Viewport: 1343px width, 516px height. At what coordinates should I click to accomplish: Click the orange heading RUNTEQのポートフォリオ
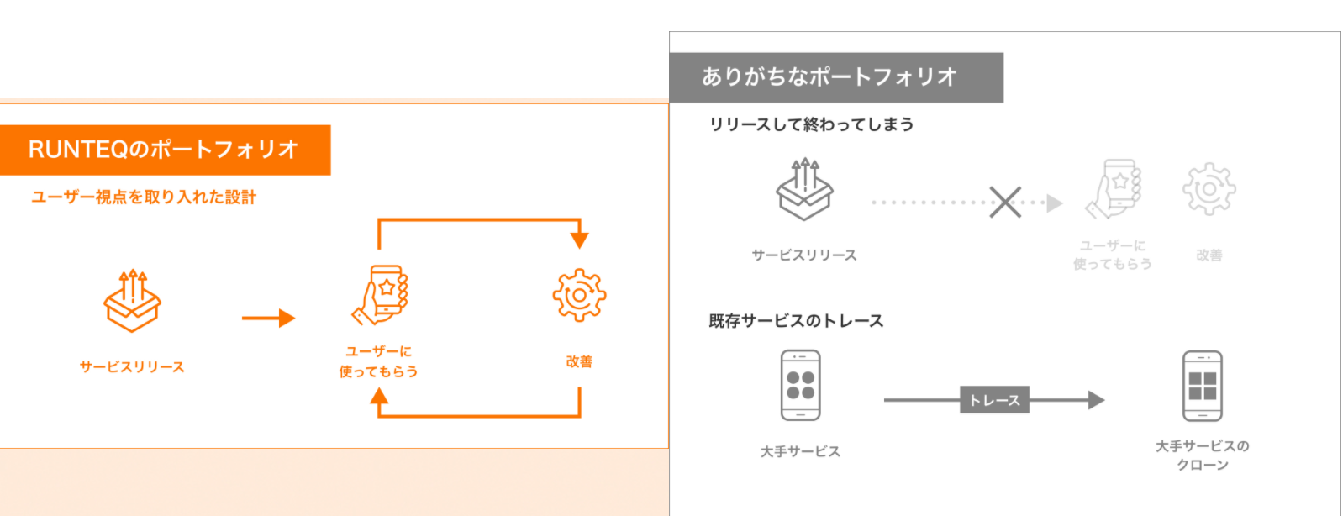(x=164, y=150)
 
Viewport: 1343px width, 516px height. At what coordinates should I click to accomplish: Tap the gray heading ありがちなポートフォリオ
(x=830, y=77)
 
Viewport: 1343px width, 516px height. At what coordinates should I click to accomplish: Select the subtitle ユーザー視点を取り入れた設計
(x=144, y=197)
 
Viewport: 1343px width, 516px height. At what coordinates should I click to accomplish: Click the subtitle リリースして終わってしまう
(x=811, y=124)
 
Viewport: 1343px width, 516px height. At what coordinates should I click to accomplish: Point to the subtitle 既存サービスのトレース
(x=796, y=321)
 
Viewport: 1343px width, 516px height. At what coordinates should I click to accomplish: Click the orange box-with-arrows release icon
(x=132, y=301)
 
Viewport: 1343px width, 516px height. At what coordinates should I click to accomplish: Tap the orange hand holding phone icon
(x=381, y=295)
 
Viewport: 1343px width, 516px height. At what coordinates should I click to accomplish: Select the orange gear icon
(x=579, y=295)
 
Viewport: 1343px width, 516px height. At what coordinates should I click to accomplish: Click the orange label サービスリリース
(x=132, y=367)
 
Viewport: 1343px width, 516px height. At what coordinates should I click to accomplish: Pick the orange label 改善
(x=579, y=361)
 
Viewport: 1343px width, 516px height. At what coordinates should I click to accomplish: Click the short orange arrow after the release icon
(x=268, y=319)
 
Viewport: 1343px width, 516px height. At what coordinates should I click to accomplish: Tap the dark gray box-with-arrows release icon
(x=804, y=189)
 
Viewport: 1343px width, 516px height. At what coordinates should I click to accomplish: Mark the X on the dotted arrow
(x=1005, y=202)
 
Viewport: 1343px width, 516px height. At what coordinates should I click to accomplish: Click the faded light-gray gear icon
(x=1209, y=189)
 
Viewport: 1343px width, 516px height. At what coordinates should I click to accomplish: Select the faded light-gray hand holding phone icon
(x=1114, y=189)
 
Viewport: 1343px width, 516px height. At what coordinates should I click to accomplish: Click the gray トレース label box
(x=994, y=400)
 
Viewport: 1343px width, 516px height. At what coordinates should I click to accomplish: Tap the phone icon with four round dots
(x=800, y=386)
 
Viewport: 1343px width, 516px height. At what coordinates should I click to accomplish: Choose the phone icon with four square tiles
(x=1203, y=386)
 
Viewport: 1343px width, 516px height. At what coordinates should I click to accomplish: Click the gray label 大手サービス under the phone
(x=800, y=451)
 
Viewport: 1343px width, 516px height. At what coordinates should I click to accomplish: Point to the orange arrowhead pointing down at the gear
(x=579, y=239)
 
